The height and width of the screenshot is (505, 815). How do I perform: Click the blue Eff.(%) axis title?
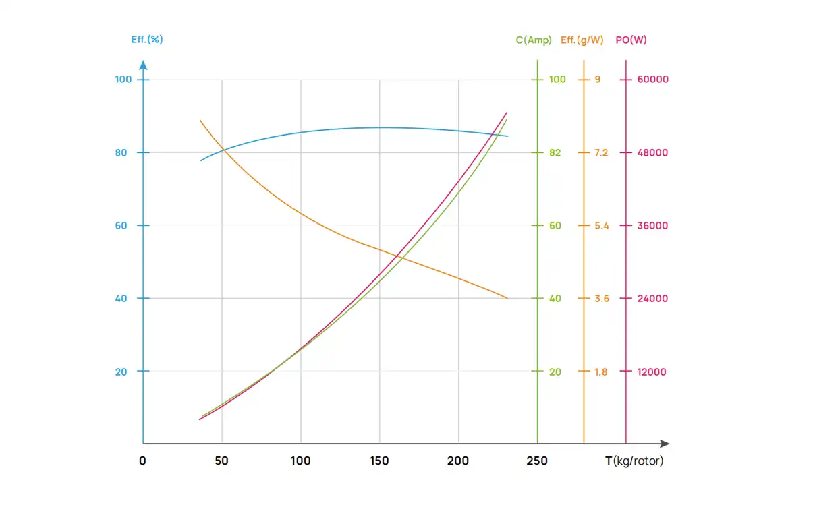coord(147,40)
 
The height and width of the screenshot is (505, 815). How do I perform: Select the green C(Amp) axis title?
coord(534,40)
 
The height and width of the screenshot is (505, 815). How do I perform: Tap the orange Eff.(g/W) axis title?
coord(582,40)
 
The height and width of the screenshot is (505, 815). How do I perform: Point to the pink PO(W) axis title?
coord(631,40)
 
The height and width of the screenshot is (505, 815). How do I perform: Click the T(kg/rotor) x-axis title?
coord(634,461)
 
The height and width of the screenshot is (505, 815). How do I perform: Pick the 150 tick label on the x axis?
coord(379,461)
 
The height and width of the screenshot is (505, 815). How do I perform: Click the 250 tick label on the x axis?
coord(537,461)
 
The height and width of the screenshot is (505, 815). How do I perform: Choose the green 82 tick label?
coord(555,152)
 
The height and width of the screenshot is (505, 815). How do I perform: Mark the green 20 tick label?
coord(555,372)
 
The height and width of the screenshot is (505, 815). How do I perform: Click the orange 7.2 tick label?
coord(600,152)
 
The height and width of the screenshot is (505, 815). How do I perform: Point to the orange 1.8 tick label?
coord(600,372)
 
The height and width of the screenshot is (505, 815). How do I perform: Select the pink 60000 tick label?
coord(652,80)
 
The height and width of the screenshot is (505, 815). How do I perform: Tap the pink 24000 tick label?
coord(652,299)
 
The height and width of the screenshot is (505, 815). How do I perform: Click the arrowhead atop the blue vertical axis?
coord(143,65)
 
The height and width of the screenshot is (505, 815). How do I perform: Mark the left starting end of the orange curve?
coord(200,120)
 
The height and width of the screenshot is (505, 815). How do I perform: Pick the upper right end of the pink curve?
coord(507,113)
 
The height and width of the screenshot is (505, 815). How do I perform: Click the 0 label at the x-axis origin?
coord(142,461)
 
